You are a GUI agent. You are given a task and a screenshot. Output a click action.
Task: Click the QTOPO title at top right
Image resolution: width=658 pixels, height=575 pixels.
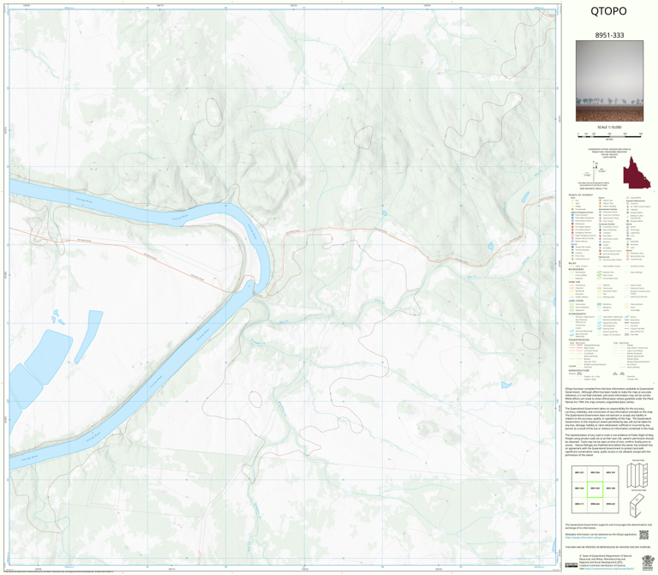pos(607,12)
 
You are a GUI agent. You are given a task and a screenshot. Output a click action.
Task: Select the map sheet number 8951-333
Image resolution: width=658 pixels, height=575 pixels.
pos(607,35)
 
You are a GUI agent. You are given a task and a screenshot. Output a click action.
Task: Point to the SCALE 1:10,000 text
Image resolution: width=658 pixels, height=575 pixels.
pos(608,127)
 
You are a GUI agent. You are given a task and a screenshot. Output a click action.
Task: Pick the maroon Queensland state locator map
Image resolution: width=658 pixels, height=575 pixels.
pos(636,172)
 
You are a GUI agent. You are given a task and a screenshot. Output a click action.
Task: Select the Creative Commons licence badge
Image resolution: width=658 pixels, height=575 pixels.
pos(571,563)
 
